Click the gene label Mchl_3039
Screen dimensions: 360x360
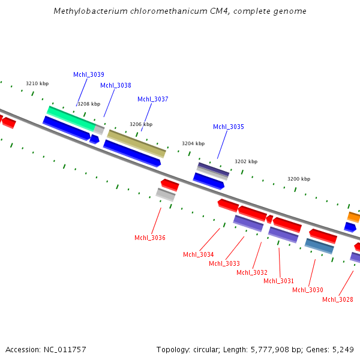click(89, 74)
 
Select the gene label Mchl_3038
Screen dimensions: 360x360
click(116, 85)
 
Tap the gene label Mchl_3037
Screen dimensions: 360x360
click(153, 99)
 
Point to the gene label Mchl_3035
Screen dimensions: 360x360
click(229, 127)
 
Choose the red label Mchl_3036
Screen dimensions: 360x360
click(150, 238)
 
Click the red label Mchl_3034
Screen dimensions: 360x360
click(199, 254)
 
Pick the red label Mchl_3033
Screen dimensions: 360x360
click(224, 263)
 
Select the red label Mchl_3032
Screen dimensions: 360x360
click(252, 272)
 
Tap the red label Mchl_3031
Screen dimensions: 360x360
click(279, 281)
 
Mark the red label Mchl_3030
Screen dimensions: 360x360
click(308, 290)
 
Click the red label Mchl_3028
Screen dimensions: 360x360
click(338, 299)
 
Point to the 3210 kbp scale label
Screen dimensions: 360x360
click(37, 83)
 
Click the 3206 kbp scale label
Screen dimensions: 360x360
click(141, 124)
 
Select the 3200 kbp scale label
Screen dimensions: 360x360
click(299, 179)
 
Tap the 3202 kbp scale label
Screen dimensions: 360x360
click(246, 161)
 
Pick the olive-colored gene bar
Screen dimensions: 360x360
click(137, 143)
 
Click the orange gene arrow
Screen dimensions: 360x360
click(354, 217)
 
